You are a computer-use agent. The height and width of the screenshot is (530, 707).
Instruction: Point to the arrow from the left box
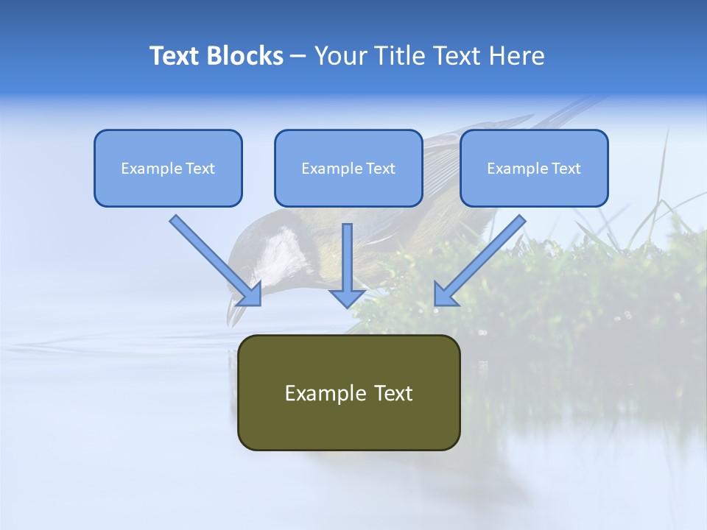(x=214, y=258)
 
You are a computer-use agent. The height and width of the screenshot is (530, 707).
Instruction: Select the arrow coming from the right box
(x=482, y=258)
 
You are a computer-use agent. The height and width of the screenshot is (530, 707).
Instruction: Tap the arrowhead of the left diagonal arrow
(x=250, y=294)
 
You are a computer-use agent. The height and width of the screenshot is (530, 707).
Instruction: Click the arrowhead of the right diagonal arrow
(x=445, y=294)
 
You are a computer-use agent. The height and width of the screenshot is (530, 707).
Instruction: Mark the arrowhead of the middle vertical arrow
(x=347, y=297)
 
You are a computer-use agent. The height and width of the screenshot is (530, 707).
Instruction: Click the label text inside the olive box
(x=348, y=393)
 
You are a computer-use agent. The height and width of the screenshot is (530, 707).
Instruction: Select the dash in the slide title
(x=298, y=57)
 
